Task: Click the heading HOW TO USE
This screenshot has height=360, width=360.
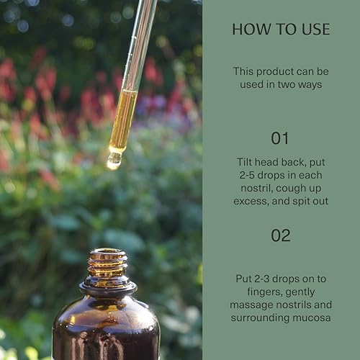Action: (281, 30)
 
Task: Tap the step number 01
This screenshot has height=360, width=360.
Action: (281, 138)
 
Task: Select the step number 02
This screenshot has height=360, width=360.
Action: (281, 235)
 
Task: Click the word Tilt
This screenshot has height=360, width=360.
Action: (248, 163)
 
